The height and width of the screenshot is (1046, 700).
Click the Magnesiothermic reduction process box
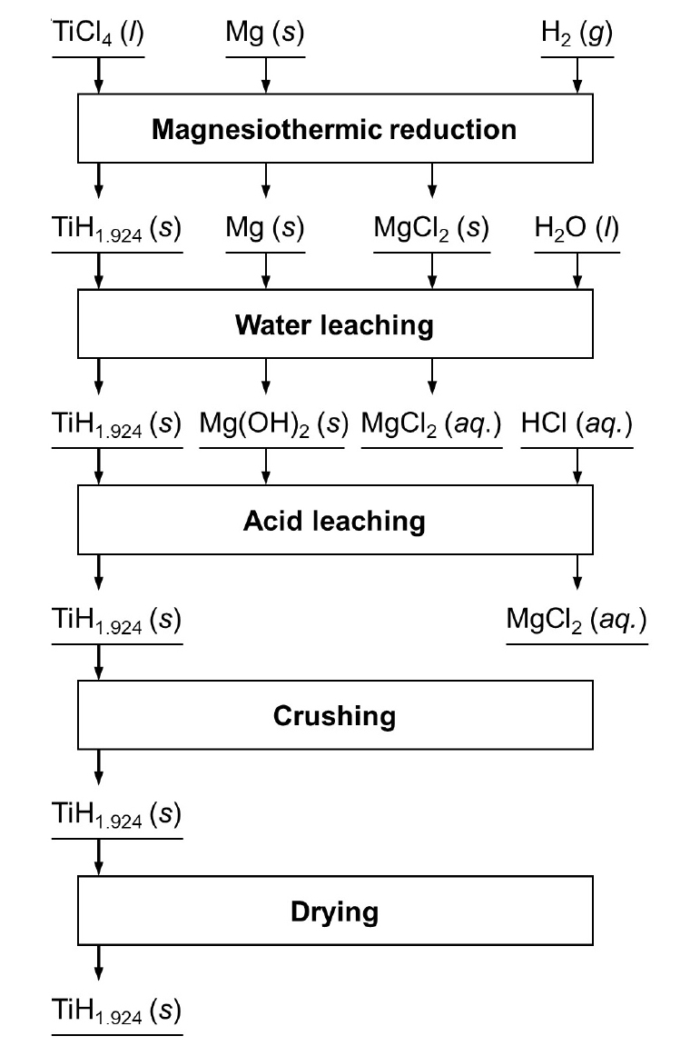(x=334, y=129)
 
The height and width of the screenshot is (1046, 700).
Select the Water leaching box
(x=334, y=324)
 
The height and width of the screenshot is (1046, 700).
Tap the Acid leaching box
(x=334, y=520)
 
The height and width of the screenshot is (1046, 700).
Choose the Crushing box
(x=334, y=715)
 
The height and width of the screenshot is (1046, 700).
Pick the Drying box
(x=334, y=911)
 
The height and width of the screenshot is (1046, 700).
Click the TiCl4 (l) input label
(x=98, y=35)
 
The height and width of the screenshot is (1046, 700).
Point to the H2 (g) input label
(x=577, y=35)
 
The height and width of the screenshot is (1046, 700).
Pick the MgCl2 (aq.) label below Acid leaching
(x=577, y=622)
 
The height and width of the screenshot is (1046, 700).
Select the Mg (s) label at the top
(x=265, y=35)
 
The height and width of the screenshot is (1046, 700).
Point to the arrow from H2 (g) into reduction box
(x=577, y=76)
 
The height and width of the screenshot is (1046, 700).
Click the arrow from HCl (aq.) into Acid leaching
(x=577, y=467)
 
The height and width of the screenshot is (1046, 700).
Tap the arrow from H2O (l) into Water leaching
(x=577, y=272)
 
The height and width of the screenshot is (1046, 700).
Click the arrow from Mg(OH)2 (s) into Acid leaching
(x=265, y=467)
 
